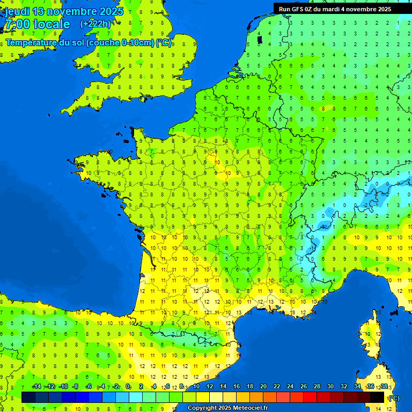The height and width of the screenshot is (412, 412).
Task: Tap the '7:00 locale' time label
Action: coord(36,24)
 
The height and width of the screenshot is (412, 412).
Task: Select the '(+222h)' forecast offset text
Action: coord(95,24)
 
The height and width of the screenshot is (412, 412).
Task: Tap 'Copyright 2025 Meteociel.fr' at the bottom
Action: coord(227,408)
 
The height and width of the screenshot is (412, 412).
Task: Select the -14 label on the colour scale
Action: coord(36,386)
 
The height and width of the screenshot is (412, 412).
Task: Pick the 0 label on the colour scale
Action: coord(128,386)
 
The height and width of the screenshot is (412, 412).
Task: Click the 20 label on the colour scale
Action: coord(263,386)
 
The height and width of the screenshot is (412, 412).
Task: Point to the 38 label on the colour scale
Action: coord(384,386)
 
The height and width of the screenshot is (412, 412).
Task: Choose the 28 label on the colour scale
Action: coord(317,386)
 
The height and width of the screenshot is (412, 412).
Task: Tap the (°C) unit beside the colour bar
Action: coord(394,398)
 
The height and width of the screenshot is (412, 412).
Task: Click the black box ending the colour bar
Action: coord(378,397)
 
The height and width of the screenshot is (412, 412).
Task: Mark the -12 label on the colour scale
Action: coord(50,386)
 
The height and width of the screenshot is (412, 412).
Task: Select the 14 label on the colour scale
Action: coord(223,386)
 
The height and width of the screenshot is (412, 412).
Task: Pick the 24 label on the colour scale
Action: coord(290,386)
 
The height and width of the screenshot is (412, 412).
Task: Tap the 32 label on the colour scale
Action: coord(343,386)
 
